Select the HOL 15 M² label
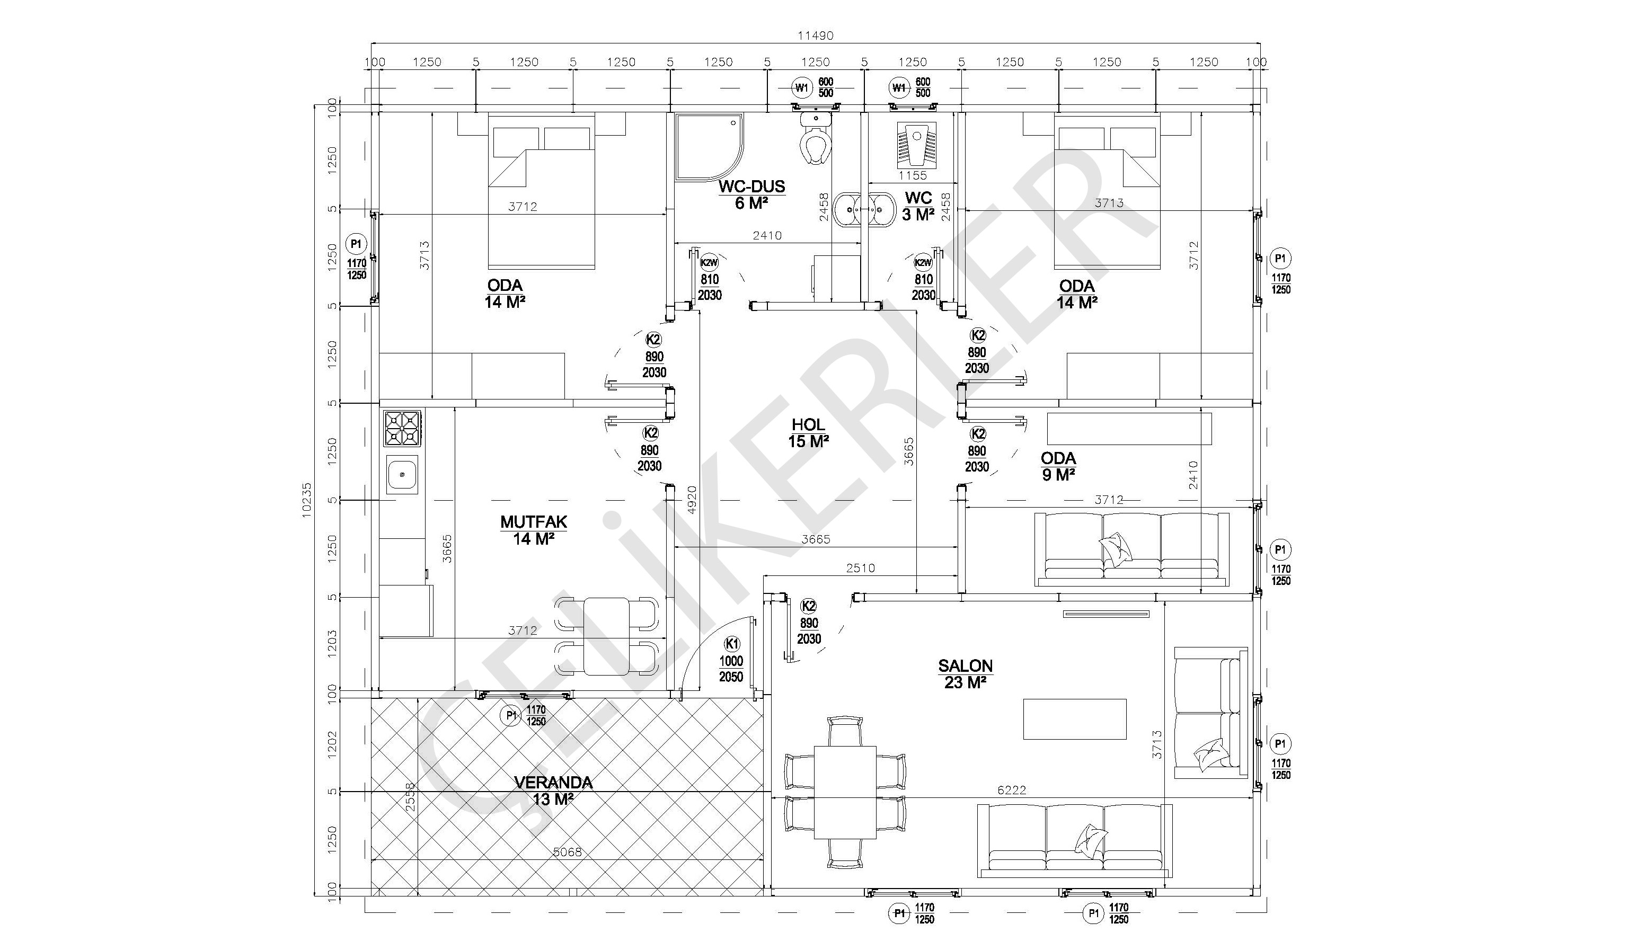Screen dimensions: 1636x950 click(808, 433)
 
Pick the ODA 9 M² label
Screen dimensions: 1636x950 click(1058, 467)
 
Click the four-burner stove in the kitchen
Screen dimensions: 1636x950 click(403, 428)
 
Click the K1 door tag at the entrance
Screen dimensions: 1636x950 click(732, 644)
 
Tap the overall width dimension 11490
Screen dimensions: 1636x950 click(816, 35)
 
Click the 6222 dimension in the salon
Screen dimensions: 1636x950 click(1012, 789)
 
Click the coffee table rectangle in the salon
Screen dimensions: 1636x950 click(1074, 719)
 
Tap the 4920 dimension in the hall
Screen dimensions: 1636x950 click(692, 500)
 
